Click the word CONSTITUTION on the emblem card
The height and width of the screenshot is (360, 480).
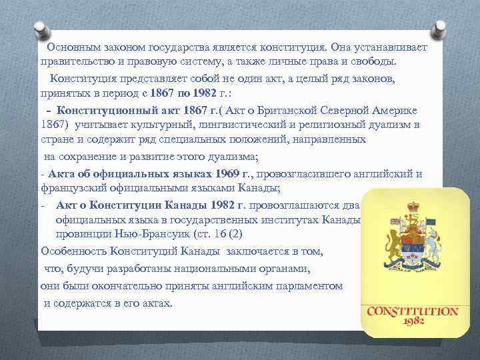[413, 311]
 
